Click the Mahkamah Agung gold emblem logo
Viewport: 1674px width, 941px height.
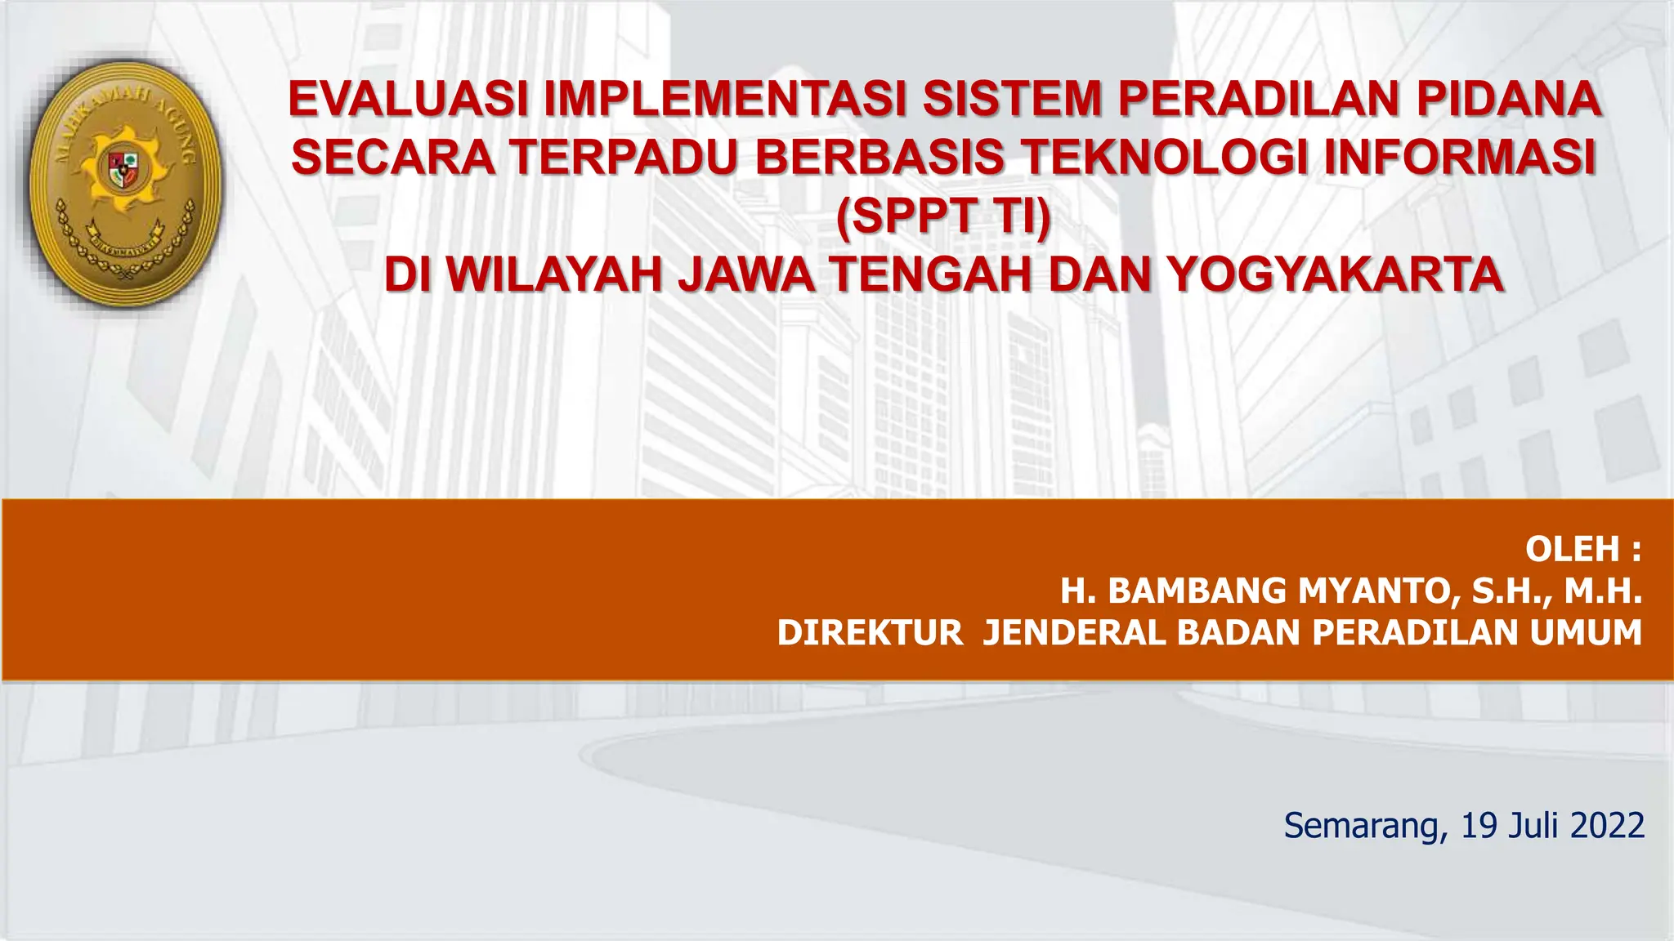[x=125, y=185]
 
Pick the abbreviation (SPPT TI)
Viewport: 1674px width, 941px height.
[x=943, y=216]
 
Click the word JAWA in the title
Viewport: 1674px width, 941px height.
[x=746, y=274]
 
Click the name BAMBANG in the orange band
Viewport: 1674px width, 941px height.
[x=1197, y=591]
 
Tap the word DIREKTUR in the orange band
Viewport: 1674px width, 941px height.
[x=870, y=634]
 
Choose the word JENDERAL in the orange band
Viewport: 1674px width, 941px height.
[x=1074, y=634]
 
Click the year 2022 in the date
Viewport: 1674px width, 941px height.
[x=1607, y=827]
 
